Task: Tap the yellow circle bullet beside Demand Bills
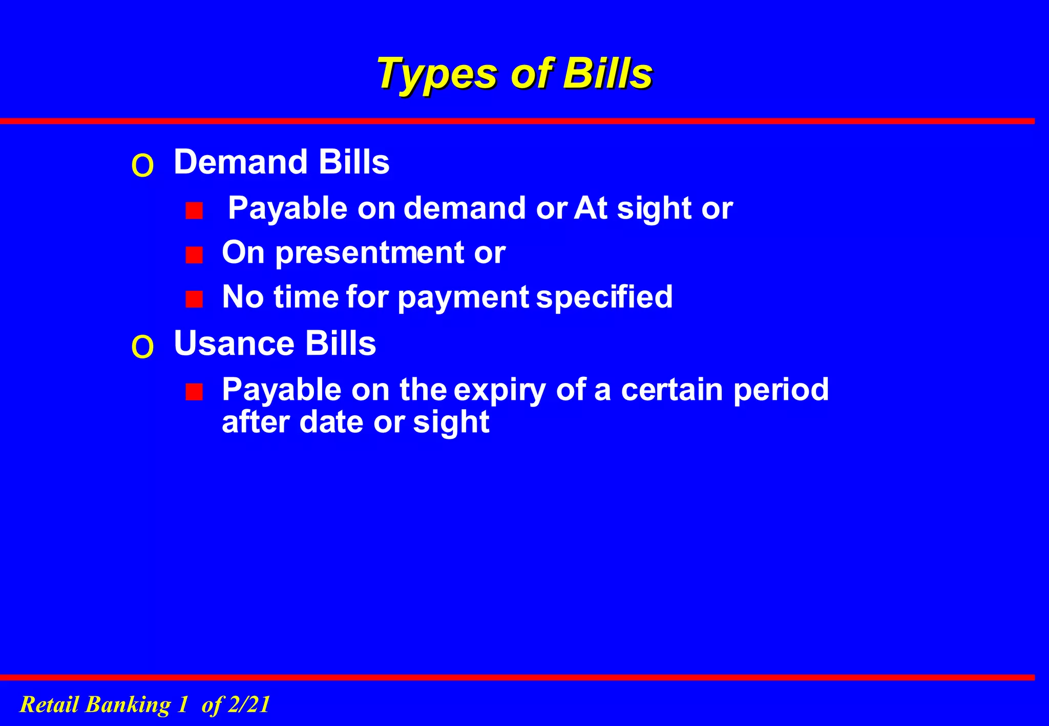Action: click(142, 166)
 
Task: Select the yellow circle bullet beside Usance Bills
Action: click(142, 348)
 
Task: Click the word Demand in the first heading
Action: click(240, 162)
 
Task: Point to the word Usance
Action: click(234, 343)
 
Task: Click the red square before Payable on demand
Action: click(194, 210)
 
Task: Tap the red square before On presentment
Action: click(194, 254)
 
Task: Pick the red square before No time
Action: click(194, 299)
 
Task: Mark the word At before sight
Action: click(591, 208)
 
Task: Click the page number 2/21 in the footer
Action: click(248, 704)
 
